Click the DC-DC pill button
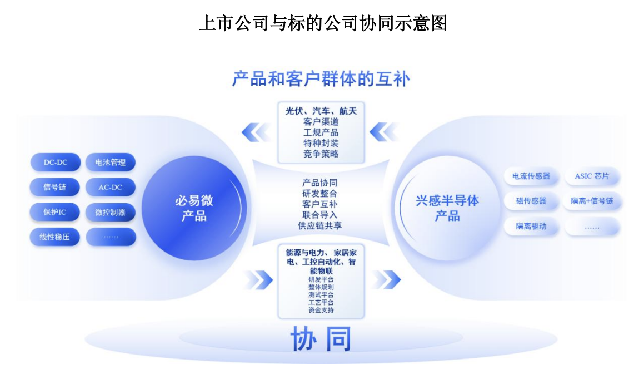pos(56,162)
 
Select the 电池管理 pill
pos(111,162)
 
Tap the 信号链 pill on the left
pos(54,187)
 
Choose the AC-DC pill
pos(111,188)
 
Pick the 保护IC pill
pos(54,212)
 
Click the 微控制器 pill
pos(111,212)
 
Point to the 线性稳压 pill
pos(54,237)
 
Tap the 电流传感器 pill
pos(531,176)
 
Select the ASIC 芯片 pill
pos(592,176)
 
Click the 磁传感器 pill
pos(531,201)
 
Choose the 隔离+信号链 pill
pos(592,201)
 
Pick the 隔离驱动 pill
pos(531,226)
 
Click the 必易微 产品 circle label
pos(194,208)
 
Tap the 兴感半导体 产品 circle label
pos(447,208)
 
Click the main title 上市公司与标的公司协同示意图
pos(323,23)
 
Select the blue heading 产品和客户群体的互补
pos(321,79)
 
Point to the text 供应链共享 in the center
pos(320,226)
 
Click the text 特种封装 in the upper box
pos(321,144)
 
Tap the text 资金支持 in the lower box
pos(321,311)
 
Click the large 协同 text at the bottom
pos(321,339)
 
